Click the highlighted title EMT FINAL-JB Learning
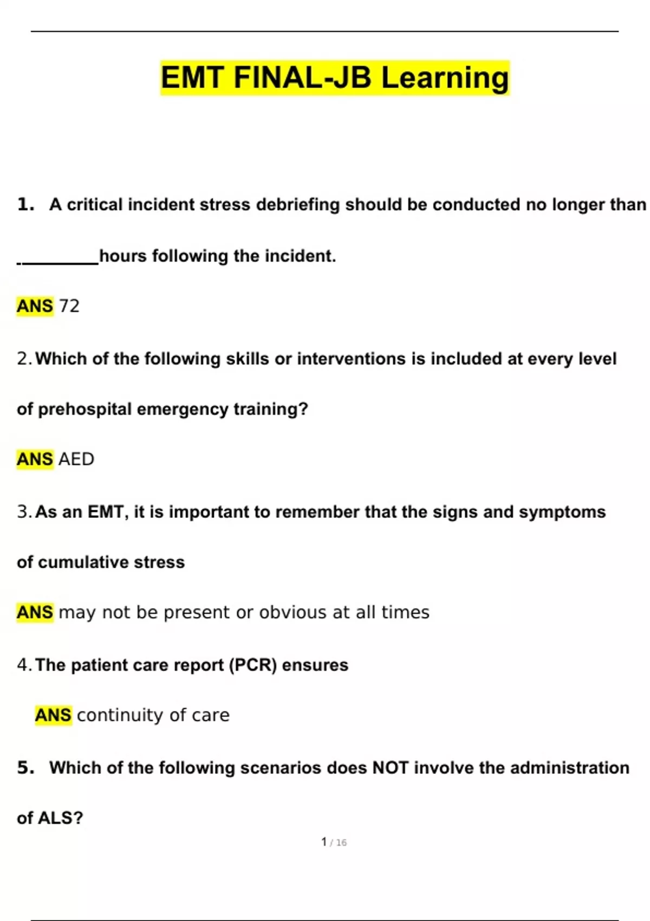pyautogui.click(x=335, y=77)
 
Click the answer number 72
pyautogui.click(x=69, y=306)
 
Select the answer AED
pyautogui.click(x=76, y=459)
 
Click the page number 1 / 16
pyautogui.click(x=334, y=842)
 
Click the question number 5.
pyautogui.click(x=25, y=768)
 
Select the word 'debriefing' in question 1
pyautogui.click(x=297, y=205)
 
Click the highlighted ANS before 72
pyautogui.click(x=35, y=306)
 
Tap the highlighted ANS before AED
pyautogui.click(x=35, y=459)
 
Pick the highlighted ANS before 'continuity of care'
pyautogui.click(x=53, y=715)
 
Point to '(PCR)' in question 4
pyautogui.click(x=253, y=665)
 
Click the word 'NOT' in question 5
pyautogui.click(x=390, y=768)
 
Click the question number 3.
pyautogui.click(x=24, y=512)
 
